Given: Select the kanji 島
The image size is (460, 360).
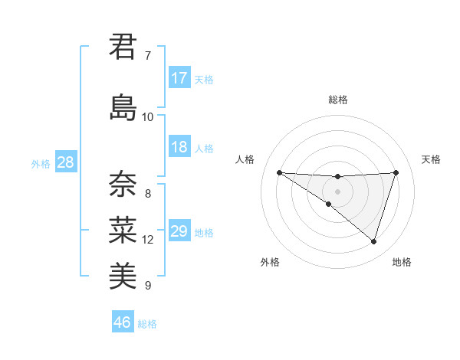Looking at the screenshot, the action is pyautogui.click(x=123, y=106).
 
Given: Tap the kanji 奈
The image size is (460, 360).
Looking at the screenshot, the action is pyautogui.click(x=123, y=183).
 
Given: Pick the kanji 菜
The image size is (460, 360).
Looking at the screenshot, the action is pyautogui.click(x=123, y=229).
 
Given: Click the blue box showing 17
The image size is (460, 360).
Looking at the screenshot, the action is pyautogui.click(x=179, y=78).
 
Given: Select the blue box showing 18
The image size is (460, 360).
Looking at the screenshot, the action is pyautogui.click(x=179, y=148).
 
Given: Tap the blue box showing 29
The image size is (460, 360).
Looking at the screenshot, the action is pyautogui.click(x=179, y=232).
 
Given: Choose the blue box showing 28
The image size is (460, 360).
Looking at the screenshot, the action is pyautogui.click(x=64, y=163).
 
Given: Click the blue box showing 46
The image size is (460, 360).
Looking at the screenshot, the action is pyautogui.click(x=123, y=322).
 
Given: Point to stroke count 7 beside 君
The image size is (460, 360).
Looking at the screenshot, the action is pyautogui.click(x=148, y=56).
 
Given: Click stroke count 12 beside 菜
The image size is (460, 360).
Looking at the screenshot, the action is pyautogui.click(x=148, y=240).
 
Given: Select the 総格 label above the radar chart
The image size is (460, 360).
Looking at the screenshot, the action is pyautogui.click(x=337, y=100).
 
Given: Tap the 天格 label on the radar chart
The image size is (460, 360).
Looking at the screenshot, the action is pyautogui.click(x=432, y=159).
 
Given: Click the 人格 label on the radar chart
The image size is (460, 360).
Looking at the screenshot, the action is pyautogui.click(x=245, y=159).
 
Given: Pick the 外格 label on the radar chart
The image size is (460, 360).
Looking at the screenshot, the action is pyautogui.click(x=270, y=262).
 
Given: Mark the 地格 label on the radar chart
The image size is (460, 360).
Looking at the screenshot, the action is pyautogui.click(x=402, y=262).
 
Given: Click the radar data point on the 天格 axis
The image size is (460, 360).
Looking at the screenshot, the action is pyautogui.click(x=396, y=172).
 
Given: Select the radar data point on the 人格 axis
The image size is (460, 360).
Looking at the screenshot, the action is pyautogui.click(x=279, y=172).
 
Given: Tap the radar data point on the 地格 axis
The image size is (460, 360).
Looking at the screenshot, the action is pyautogui.click(x=373, y=241).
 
